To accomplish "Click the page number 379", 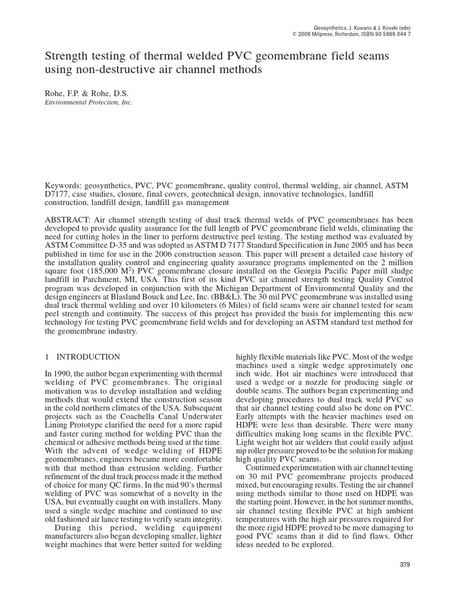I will pyautogui.click(x=404, y=565).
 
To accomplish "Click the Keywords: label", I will pyautogui.click(x=64, y=185).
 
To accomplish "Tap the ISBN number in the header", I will pyautogui.click(x=385, y=34).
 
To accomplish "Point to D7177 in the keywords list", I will pyautogui.click(x=58, y=194).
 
